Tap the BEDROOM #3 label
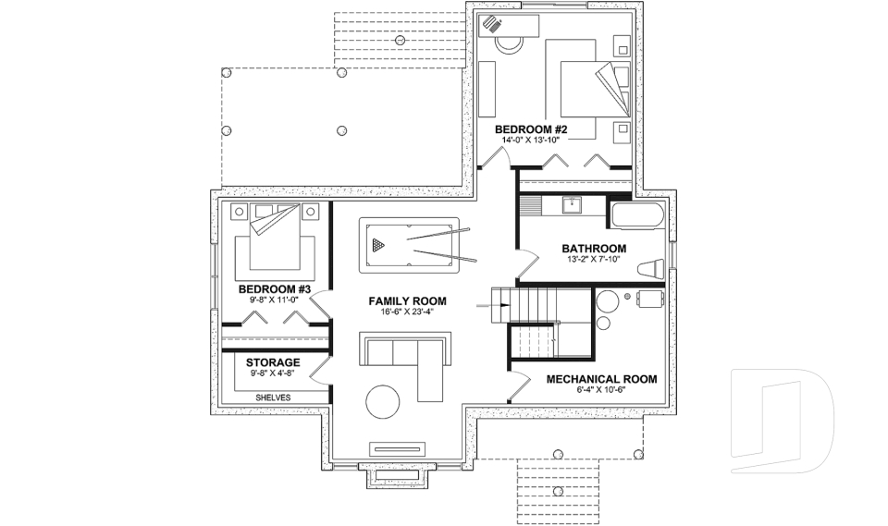click(x=273, y=288)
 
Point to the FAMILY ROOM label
click(x=407, y=301)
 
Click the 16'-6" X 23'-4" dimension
click(x=407, y=312)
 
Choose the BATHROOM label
click(x=594, y=249)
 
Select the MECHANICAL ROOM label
click(x=601, y=379)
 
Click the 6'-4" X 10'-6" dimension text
click(x=601, y=390)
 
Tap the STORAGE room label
click(x=273, y=362)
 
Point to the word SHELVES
click(x=273, y=397)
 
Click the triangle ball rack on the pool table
click(x=376, y=246)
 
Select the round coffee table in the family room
click(x=383, y=402)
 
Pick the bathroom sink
click(x=571, y=204)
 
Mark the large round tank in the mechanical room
click(x=608, y=301)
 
